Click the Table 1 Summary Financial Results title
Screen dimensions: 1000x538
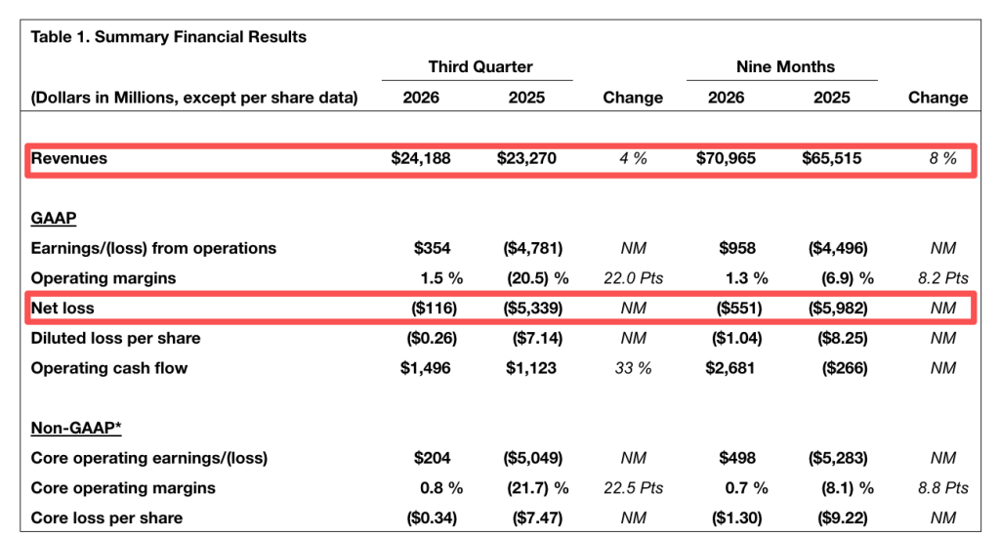168,37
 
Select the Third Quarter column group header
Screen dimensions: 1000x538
480,67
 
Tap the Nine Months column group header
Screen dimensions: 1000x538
785,67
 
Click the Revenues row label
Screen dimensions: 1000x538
69,158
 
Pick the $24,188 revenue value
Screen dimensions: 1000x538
421,158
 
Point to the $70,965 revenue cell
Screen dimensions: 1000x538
726,158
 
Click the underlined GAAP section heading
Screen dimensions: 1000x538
54,218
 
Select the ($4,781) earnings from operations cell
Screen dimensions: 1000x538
532,248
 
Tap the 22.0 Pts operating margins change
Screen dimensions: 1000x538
633,278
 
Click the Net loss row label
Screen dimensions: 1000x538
62,308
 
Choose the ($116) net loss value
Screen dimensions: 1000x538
434,308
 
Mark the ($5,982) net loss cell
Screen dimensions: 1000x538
838,308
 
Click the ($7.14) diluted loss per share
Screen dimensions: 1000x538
537,338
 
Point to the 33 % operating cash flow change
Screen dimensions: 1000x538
633,368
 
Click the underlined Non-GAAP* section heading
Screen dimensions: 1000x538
76,428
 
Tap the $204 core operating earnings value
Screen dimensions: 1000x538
432,458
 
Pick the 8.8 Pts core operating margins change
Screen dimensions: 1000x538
943,487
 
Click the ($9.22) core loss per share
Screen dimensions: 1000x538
843,517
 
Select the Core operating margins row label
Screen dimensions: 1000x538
123,487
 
